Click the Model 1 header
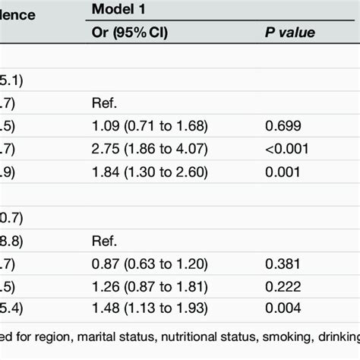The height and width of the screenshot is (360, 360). point(122,10)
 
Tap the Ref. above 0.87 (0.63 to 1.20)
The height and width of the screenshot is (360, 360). point(104,243)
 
